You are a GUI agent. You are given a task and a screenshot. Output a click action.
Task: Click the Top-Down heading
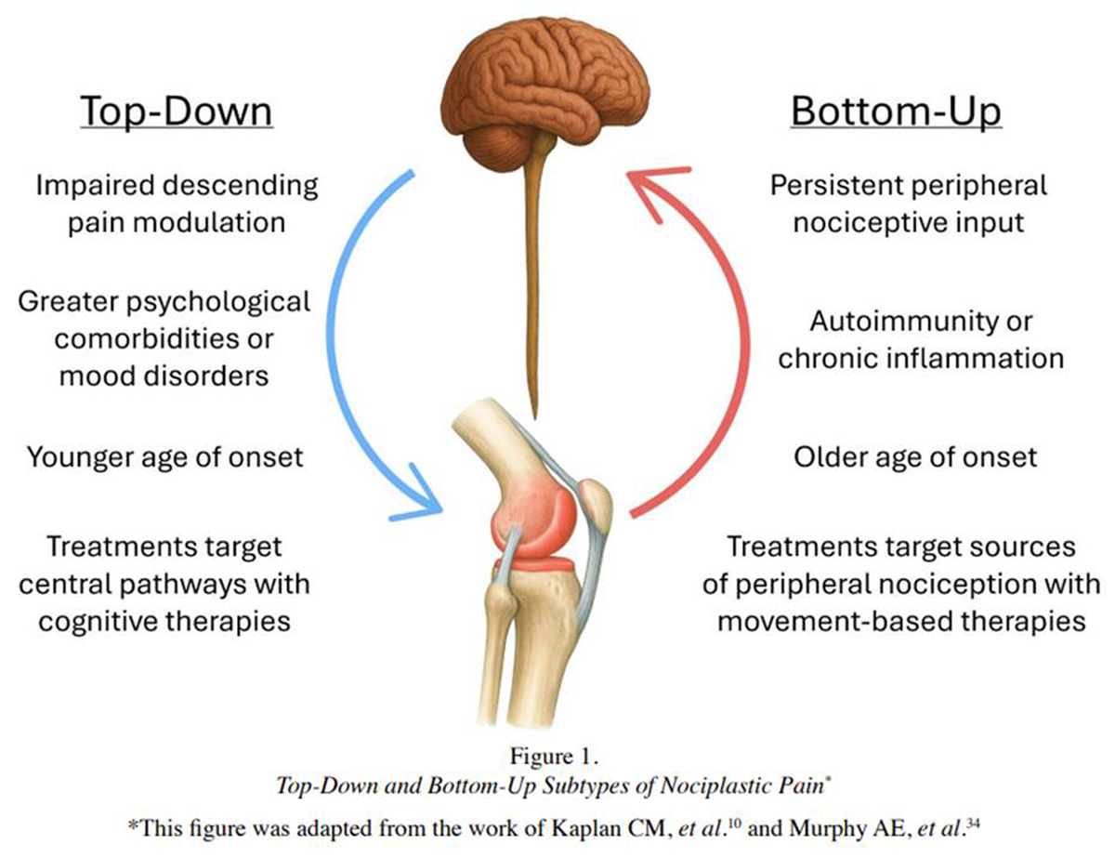(177, 112)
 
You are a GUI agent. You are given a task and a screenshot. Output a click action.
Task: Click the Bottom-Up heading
(896, 112)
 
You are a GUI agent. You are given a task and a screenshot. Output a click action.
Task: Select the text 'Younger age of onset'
(164, 457)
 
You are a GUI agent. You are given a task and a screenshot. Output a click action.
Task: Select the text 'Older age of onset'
(915, 457)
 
